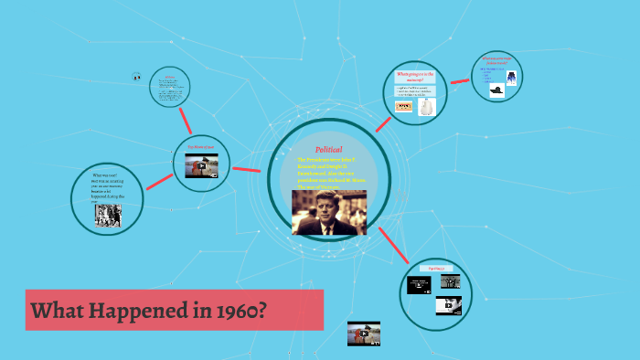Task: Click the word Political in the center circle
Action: click(x=328, y=149)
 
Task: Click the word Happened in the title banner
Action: click(x=133, y=311)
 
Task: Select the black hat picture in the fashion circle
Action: click(x=496, y=90)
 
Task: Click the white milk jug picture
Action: click(x=426, y=108)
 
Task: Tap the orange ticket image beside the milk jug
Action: click(x=403, y=107)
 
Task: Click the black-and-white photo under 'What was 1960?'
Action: click(x=109, y=215)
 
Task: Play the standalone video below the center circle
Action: click(x=363, y=334)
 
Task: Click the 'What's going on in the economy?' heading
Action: click(x=415, y=75)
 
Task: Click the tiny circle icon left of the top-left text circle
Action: click(x=136, y=77)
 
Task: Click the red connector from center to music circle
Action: click(x=393, y=244)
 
